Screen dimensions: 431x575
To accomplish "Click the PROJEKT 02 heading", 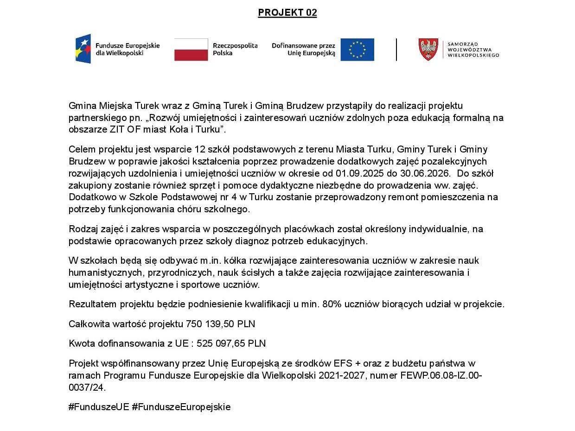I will click(x=287, y=13).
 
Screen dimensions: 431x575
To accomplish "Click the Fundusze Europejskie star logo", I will click(x=83, y=49).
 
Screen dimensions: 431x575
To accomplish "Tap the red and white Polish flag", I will click(x=191, y=50).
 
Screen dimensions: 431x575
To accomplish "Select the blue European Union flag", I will click(x=357, y=50).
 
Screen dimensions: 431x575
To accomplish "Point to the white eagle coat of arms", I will click(x=428, y=50).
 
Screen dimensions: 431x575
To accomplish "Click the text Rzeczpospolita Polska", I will click(x=235, y=49).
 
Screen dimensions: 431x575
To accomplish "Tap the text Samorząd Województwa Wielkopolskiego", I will click(x=473, y=50).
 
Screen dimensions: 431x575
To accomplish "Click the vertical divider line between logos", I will click(x=396, y=50).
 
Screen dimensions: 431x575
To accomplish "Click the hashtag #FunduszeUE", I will click(x=98, y=407).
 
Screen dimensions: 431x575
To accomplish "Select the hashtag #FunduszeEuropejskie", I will click(x=181, y=407).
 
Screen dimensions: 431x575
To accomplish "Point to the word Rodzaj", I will click(x=82, y=229).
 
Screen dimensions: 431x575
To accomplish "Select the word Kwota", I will click(x=82, y=343).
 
